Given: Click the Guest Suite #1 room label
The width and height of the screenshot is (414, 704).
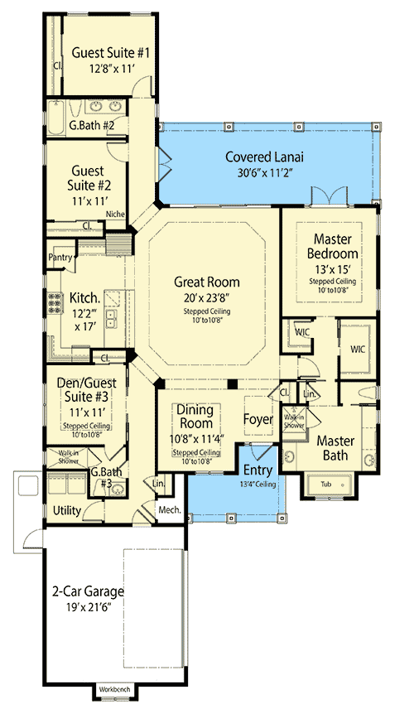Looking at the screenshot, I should click(x=109, y=52).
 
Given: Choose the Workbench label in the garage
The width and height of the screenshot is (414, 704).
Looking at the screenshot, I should click(x=114, y=689).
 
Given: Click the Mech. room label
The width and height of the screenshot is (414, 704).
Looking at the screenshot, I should click(x=170, y=510).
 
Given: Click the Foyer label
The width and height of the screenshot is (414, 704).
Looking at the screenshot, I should click(x=258, y=419).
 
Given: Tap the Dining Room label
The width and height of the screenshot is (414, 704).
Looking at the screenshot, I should click(x=195, y=417).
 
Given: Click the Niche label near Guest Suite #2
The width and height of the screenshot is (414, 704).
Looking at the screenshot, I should click(x=115, y=214).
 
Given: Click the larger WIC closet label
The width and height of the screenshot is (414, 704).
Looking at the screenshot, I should click(x=358, y=350).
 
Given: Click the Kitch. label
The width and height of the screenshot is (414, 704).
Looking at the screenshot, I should click(x=85, y=297).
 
